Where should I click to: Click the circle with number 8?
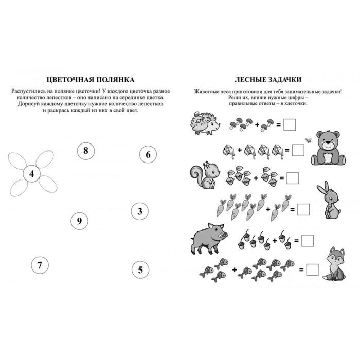click(86, 151)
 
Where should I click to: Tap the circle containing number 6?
click(148, 154)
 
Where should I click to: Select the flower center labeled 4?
click(32, 174)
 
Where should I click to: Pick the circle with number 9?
click(79, 221)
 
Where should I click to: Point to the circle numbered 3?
click(140, 211)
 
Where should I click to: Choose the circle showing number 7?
click(40, 265)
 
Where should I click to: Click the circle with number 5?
click(140, 269)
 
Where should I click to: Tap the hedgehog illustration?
click(206, 123)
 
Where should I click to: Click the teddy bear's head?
click(328, 142)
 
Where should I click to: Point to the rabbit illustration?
click(329, 200)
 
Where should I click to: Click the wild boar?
click(208, 239)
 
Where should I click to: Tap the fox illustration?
click(335, 264)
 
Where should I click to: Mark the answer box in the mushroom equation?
click(290, 124)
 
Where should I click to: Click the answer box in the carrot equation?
click(303, 209)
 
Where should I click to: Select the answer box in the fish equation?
click(313, 269)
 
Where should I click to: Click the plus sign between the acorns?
click(275, 241)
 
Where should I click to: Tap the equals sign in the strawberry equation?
click(282, 178)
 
